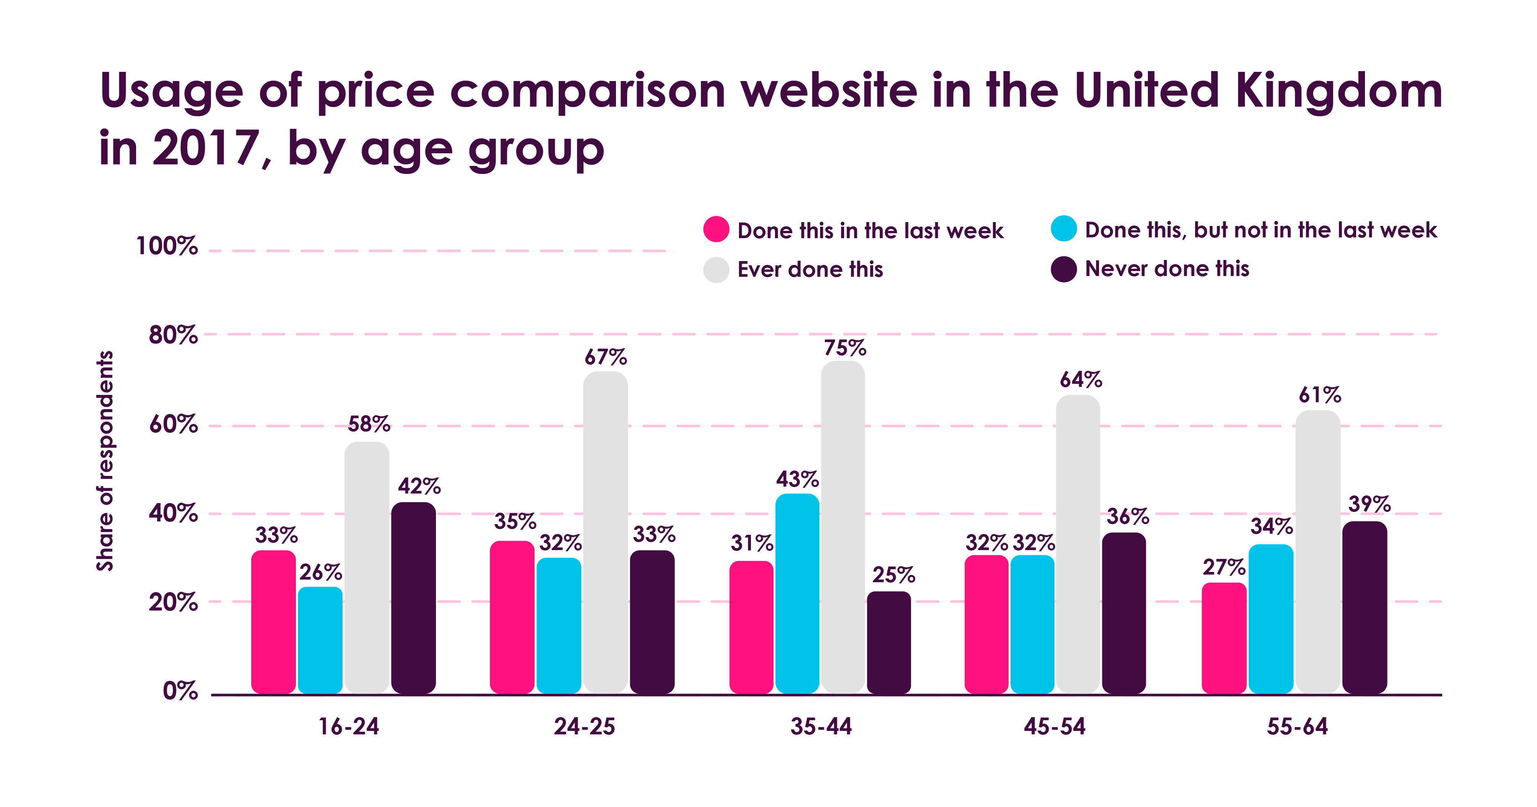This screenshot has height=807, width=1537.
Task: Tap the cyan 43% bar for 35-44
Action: point(797,593)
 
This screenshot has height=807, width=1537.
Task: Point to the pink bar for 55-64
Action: point(1224,638)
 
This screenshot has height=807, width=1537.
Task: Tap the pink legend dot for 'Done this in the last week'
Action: point(716,230)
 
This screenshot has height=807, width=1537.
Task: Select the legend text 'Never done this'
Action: point(1167,269)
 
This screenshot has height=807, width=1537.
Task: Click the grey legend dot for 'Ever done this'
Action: point(716,270)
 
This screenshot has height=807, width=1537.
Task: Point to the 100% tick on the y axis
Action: point(167,246)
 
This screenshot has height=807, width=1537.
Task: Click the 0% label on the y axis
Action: point(180,691)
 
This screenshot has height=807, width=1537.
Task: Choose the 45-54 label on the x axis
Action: point(1054,726)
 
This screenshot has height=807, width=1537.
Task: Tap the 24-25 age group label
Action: point(584,726)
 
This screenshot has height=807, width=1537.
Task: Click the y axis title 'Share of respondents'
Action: point(105,461)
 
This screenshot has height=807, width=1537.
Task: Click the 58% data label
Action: point(369,424)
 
